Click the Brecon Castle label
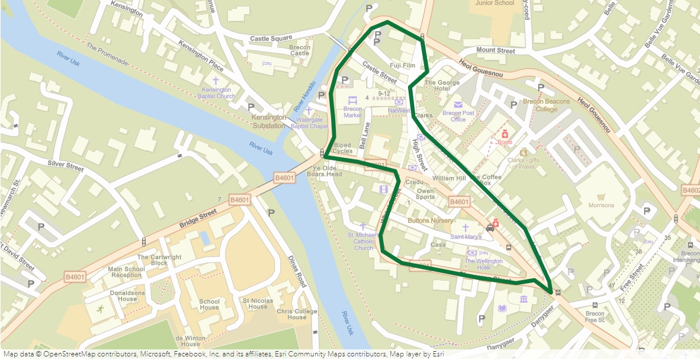pos(300,50)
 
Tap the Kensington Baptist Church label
pos(217,92)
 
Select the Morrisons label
pos(601,205)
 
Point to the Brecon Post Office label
pos(458,116)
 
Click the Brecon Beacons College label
pos(546,105)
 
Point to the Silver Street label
pos(66,165)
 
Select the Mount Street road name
pos(496,51)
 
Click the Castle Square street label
pos(271,39)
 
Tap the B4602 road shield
pos(691,191)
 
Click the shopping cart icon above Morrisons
pos(601,197)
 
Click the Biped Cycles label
pos(342,148)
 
